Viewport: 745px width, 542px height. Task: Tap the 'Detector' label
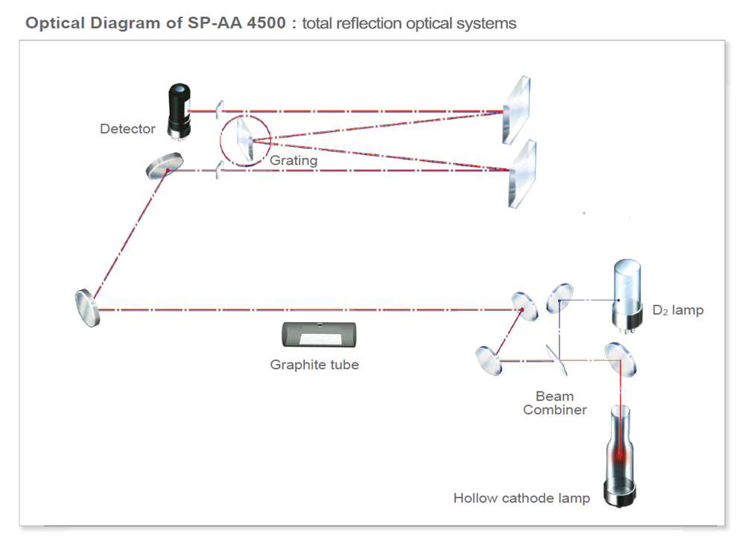[127, 129]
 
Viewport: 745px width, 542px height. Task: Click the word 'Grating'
[294, 160]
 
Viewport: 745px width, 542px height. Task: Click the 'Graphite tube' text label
[314, 365]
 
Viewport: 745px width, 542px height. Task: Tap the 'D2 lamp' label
[677, 310]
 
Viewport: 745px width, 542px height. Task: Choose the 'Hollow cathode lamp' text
[521, 498]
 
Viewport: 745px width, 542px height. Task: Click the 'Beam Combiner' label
[554, 403]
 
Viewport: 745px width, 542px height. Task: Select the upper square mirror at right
[516, 108]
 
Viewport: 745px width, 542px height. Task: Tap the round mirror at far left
[87, 307]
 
